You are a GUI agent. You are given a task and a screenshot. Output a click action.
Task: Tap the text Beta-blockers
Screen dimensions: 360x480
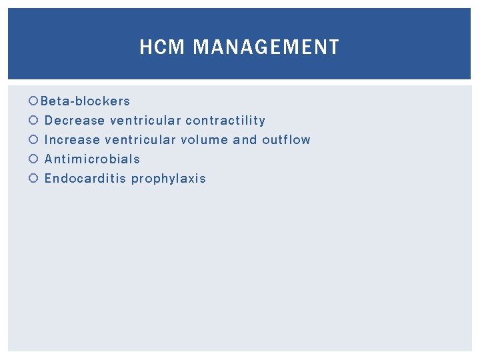coord(85,101)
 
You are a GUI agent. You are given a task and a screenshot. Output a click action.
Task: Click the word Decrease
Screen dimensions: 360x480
coord(75,121)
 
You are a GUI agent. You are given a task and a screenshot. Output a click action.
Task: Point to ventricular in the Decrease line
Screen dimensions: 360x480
coord(145,121)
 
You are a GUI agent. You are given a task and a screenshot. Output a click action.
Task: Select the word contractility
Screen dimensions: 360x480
coord(225,121)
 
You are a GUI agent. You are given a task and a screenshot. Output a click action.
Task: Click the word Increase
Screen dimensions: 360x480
coord(73,140)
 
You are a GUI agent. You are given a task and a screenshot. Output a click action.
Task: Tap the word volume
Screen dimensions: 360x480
coord(204,140)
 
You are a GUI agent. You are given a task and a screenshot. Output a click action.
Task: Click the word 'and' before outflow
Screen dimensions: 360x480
coord(245,140)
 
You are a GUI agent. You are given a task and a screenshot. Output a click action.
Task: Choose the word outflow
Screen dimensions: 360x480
coord(286,140)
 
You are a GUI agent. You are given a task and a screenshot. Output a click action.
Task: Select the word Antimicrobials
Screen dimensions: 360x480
coord(92,159)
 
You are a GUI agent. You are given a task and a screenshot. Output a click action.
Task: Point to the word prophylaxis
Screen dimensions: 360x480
coord(169,179)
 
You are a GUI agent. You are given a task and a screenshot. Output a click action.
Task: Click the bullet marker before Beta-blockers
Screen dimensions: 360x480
coord(34,101)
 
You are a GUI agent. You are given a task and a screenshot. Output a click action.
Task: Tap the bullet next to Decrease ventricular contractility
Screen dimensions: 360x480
coord(34,121)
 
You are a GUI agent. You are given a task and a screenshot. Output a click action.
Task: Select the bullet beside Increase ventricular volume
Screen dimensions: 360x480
coord(34,140)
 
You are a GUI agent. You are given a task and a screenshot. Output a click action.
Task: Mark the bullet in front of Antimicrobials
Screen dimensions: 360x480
coord(34,159)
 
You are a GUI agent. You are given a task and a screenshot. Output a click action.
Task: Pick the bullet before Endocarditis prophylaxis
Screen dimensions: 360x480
coord(34,179)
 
